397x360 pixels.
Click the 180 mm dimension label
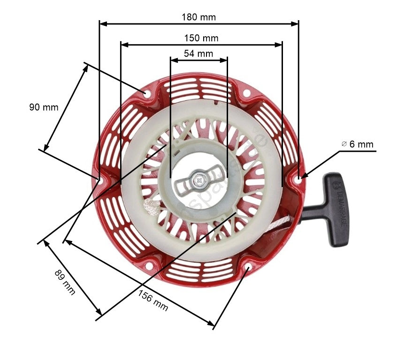[x=198, y=17]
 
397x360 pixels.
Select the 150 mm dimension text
[x=201, y=38]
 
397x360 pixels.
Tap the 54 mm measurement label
[x=198, y=53]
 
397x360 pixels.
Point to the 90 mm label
[x=44, y=107]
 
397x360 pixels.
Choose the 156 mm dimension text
[x=153, y=300]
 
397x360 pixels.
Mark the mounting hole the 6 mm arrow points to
[x=299, y=178]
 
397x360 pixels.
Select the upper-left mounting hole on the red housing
[x=146, y=94]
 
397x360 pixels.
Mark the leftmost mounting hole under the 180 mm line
[x=99, y=179]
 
